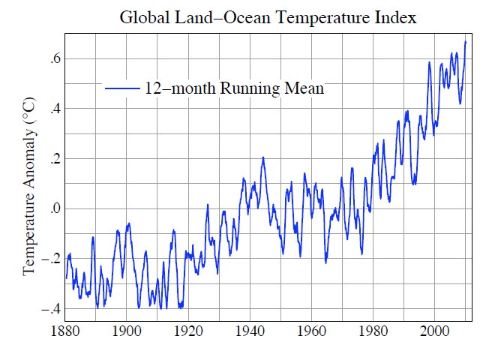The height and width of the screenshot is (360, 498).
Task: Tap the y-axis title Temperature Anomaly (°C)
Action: pos(29,184)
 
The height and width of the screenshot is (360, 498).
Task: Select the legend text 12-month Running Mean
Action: pos(234,88)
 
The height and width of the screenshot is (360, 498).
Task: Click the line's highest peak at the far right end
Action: pos(466,41)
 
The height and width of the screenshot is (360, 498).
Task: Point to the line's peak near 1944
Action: pos(263,157)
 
